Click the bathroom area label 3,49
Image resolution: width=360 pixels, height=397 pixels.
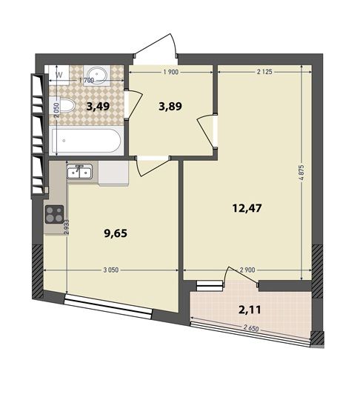click(98, 107)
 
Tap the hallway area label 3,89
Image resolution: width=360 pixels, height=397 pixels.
click(170, 107)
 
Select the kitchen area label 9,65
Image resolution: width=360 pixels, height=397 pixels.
click(116, 233)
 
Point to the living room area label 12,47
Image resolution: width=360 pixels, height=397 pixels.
click(247, 208)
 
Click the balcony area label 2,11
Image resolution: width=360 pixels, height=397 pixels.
click(250, 310)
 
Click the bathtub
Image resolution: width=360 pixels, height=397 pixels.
click(86, 141)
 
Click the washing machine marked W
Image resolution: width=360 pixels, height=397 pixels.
click(59, 75)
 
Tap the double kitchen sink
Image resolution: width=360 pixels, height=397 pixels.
click(79, 172)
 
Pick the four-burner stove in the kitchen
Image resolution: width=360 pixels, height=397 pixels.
click(54, 214)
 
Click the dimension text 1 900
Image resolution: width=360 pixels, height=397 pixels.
click(171, 72)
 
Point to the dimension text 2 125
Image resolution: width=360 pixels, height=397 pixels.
click(264, 72)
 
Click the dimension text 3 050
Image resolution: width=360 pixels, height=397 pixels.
click(111, 270)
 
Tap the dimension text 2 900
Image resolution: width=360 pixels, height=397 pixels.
click(247, 270)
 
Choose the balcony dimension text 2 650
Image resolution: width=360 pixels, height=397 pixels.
click(251, 328)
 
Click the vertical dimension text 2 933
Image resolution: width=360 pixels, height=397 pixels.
click(67, 227)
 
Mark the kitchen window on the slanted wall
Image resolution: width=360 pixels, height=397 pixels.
click(108, 307)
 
